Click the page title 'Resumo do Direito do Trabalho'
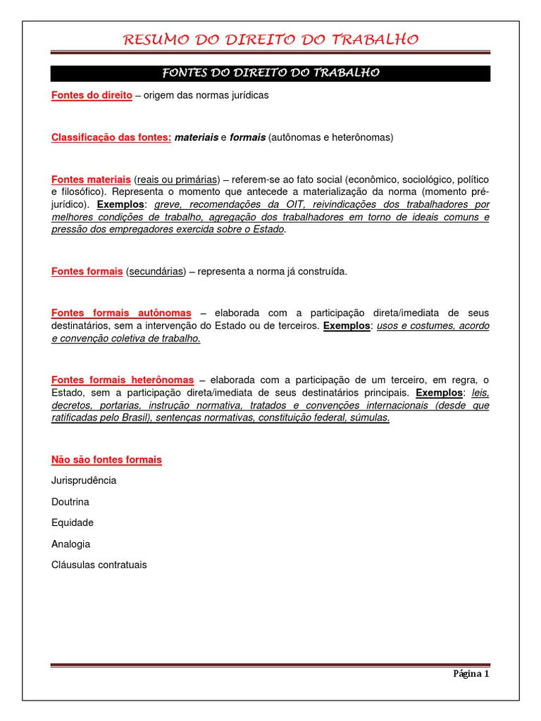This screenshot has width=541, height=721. [x=270, y=39]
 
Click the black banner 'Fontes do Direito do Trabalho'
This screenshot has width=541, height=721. [x=270, y=73]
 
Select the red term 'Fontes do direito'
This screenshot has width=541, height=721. [x=92, y=95]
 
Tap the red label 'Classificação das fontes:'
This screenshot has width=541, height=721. [x=111, y=137]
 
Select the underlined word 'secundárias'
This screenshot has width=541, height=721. [x=156, y=271]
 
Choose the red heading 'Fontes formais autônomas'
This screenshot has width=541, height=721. [x=121, y=313]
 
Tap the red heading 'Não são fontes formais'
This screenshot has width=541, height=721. [x=106, y=460]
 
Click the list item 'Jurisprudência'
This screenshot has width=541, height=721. [x=84, y=480]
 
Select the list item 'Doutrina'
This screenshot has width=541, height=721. [x=70, y=502]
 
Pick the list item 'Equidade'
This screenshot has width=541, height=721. [x=73, y=522]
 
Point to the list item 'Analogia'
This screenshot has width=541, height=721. [x=71, y=544]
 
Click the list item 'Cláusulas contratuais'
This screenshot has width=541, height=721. [x=99, y=565]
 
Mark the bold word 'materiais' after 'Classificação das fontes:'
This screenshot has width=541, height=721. [x=197, y=137]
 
